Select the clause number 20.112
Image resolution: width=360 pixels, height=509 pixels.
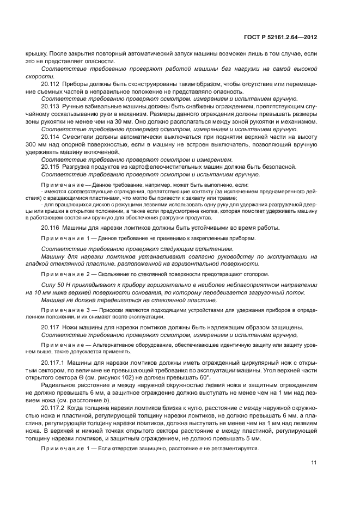point(50,84)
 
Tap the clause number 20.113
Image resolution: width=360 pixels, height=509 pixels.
point(50,107)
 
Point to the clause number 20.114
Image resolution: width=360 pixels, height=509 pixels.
point(50,136)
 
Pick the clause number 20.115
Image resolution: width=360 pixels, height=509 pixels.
point(50,165)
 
